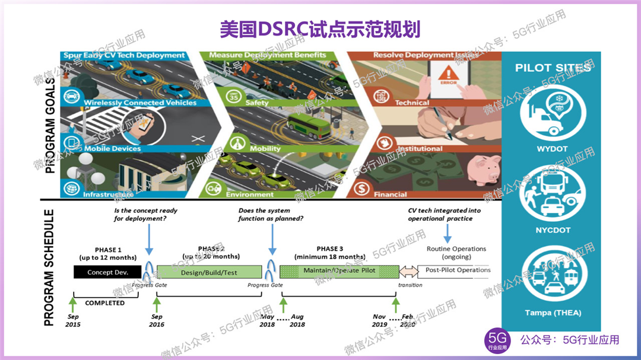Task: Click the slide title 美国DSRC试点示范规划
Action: tap(320, 28)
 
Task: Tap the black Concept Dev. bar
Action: tap(107, 272)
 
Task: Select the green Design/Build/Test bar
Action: tap(209, 272)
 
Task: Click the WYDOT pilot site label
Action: tap(553, 149)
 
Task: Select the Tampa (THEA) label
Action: tap(553, 313)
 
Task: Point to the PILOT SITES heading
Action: tap(553, 68)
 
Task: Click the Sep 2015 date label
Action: tap(74, 321)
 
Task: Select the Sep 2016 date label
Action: tap(157, 321)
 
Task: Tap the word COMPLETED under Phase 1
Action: tap(105, 303)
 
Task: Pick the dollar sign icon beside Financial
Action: tap(360, 189)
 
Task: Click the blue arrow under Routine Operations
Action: tap(447, 234)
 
